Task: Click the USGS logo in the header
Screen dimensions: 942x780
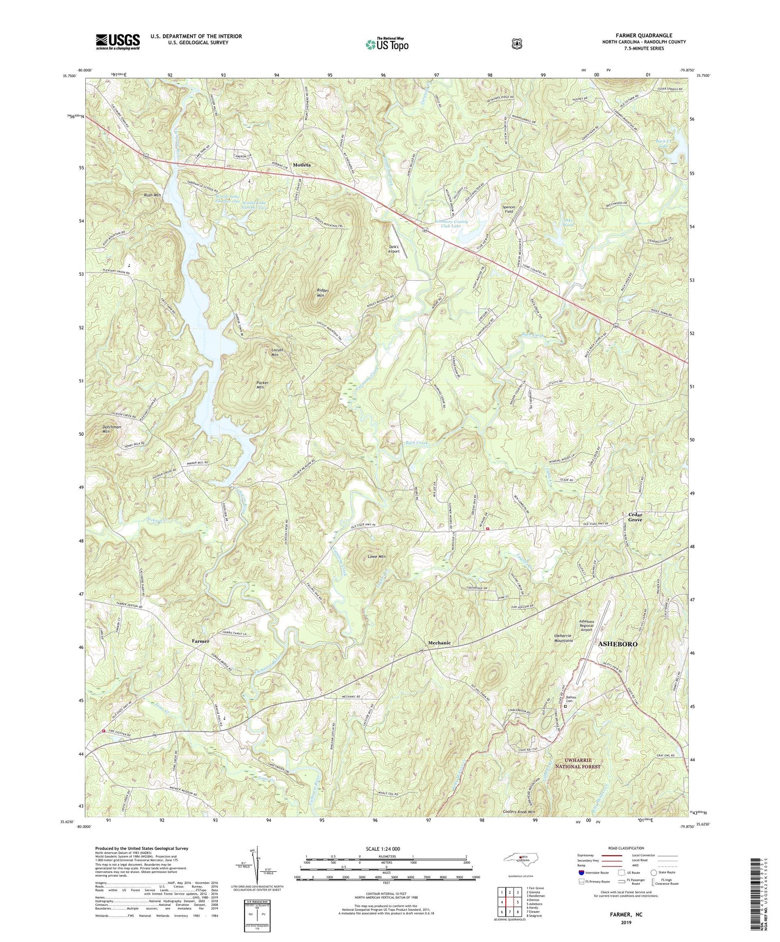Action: tap(118, 42)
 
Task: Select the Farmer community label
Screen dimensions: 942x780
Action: tap(200, 641)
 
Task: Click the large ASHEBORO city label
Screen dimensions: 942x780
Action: tap(618, 644)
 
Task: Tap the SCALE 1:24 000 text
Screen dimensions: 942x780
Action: tap(386, 849)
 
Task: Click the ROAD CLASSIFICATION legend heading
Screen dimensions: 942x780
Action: tap(626, 848)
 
